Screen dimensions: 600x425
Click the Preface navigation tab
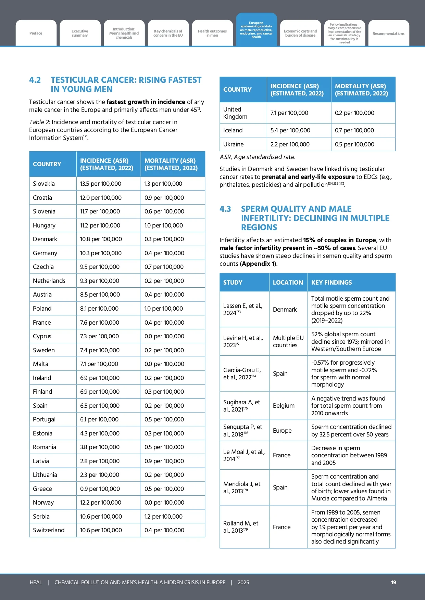pos(36,33)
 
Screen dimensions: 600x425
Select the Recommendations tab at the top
pos(388,34)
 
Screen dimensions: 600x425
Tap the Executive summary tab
pos(80,33)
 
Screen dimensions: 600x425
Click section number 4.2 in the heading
pos(35,80)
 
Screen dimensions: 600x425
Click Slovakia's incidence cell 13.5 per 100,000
pos(101,184)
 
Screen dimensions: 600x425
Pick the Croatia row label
pos(42,198)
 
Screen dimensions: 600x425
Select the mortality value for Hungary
pos(164,225)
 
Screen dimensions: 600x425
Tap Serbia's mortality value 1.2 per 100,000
pos(163,517)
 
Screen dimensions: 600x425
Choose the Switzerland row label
pos(49,530)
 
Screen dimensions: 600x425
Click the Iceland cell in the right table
pos(233,130)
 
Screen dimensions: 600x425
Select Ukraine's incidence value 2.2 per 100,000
pos(290,144)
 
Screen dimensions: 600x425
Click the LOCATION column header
pos(288,283)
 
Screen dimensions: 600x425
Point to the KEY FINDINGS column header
pos(332,283)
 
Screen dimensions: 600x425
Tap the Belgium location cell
pos(284,406)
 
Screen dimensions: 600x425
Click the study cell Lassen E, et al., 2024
pos(243,309)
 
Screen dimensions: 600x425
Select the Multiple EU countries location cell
pos(288,341)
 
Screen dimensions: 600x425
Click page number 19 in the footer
pos(393,582)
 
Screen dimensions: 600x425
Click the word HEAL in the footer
pos(36,582)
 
